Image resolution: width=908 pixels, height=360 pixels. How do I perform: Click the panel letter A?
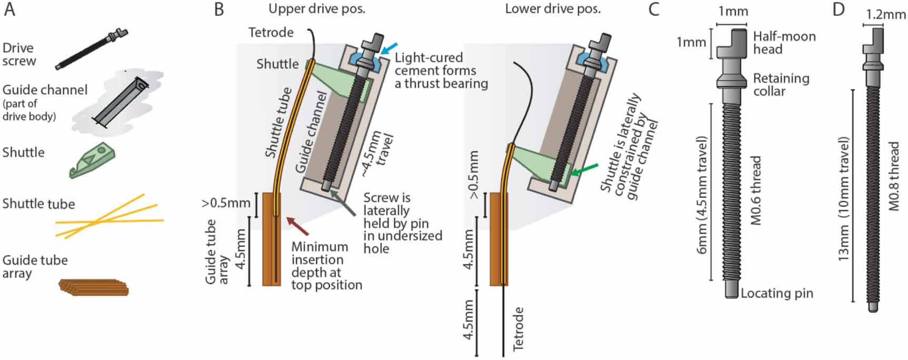click(10, 10)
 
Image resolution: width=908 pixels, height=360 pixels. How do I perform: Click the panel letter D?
click(839, 10)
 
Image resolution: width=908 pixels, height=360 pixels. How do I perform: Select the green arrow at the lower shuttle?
click(584, 169)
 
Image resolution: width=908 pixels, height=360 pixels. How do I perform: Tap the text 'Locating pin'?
click(777, 293)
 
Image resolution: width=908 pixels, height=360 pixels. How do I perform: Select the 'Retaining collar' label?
click(781, 85)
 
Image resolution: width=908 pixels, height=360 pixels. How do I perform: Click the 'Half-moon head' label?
click(784, 43)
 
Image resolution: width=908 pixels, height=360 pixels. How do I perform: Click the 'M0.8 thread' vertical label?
click(894, 176)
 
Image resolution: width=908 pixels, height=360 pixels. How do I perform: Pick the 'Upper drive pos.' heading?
click(316, 9)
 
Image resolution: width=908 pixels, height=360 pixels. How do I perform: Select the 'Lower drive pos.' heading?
click(552, 9)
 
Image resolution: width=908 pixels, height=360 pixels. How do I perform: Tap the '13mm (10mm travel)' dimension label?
click(843, 199)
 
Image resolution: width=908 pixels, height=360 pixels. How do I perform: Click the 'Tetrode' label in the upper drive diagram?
click(271, 33)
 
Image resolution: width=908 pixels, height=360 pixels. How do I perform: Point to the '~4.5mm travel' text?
click(377, 153)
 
